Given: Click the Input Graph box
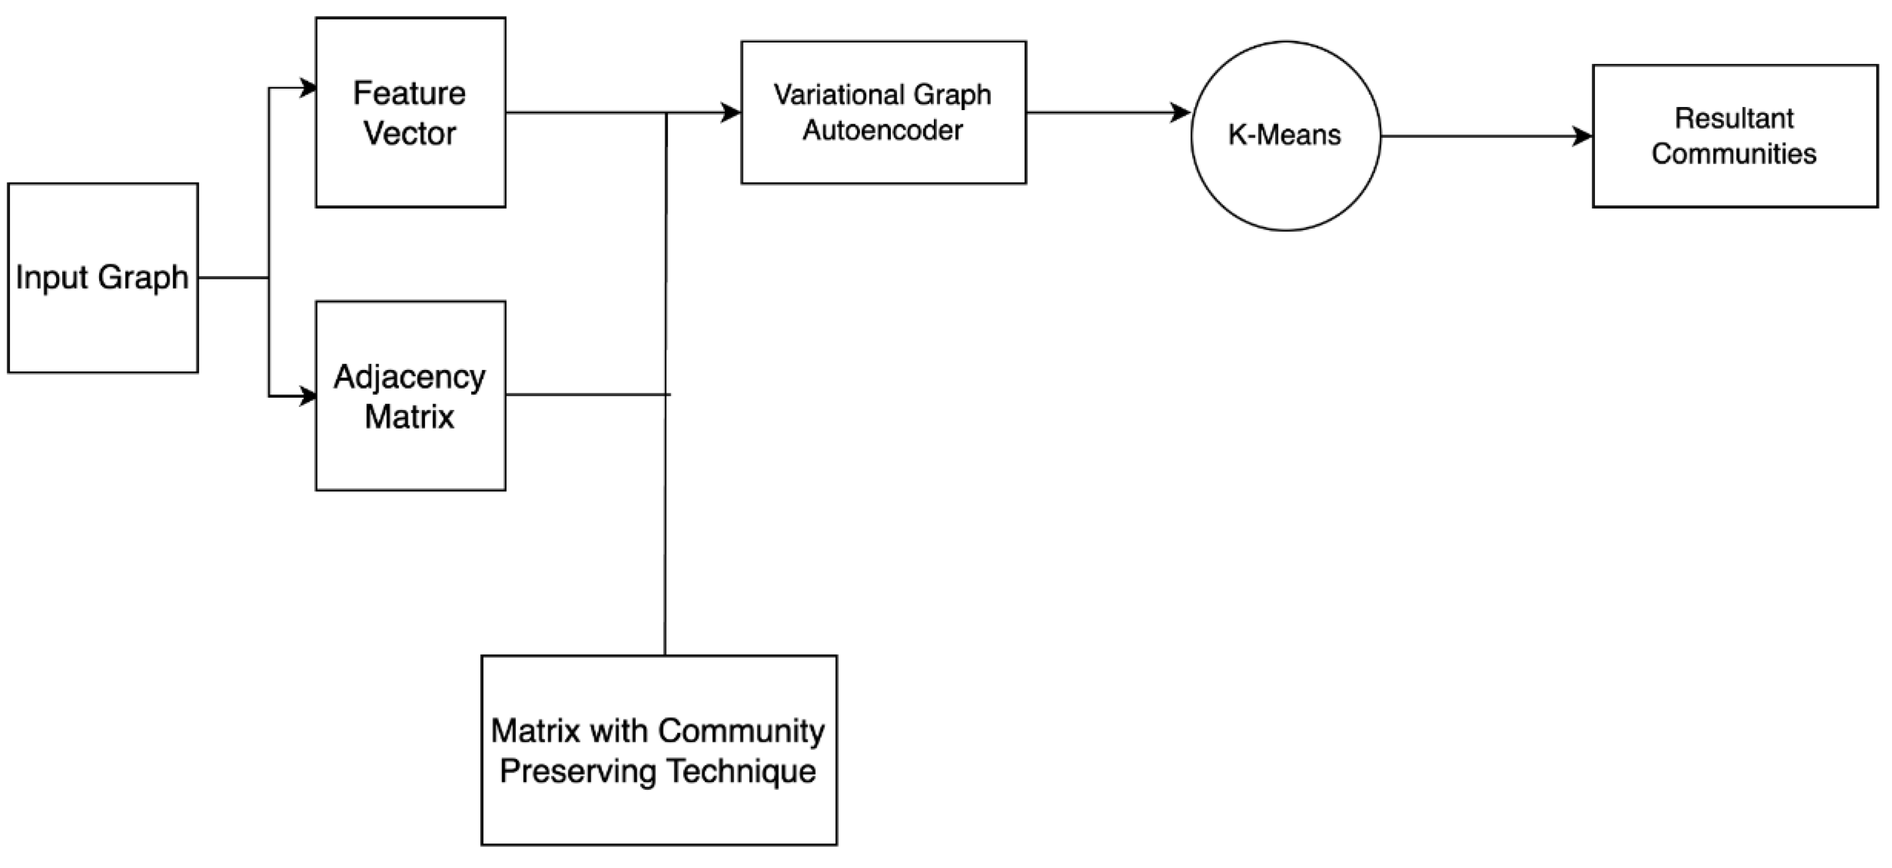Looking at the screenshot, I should [x=103, y=278].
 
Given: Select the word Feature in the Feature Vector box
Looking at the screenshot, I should [x=409, y=93].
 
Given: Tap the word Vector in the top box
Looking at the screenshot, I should [x=409, y=133].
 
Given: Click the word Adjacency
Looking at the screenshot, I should [x=409, y=377].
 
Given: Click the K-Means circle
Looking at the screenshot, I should [x=1285, y=135].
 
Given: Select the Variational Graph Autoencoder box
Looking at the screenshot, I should [x=883, y=112].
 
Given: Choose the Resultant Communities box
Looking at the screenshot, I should [x=1735, y=136].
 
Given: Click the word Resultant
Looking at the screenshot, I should [x=1734, y=117].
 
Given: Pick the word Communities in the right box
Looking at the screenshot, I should [x=1734, y=154].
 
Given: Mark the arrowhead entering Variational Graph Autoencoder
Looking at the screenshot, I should [x=732, y=112].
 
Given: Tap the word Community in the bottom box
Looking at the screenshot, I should [x=741, y=731].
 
